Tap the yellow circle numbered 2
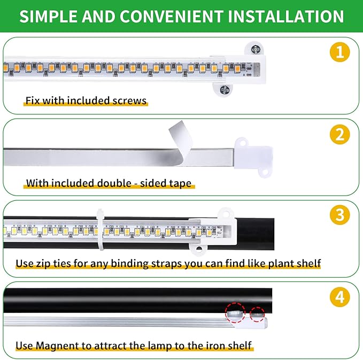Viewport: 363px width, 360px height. coord(340,135)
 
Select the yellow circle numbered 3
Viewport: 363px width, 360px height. coord(340,215)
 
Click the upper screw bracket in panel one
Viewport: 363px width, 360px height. coord(255,50)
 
